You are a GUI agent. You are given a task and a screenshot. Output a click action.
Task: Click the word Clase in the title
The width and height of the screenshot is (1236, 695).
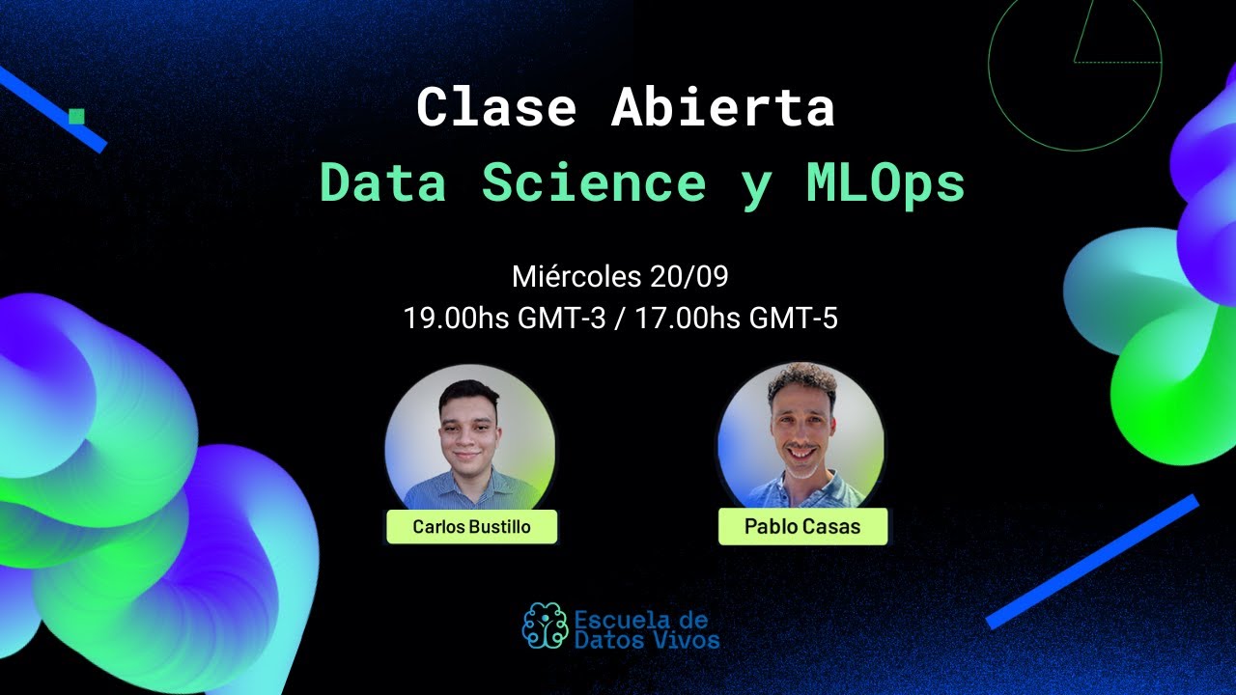pyautogui.click(x=496, y=108)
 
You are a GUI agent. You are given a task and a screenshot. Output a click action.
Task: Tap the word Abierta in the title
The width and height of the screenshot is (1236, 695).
pyautogui.click(x=723, y=108)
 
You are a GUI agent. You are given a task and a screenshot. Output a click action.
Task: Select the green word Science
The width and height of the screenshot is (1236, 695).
pyautogui.click(x=594, y=182)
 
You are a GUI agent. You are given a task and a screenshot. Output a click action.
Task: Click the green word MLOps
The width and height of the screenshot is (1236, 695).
pyautogui.click(x=885, y=182)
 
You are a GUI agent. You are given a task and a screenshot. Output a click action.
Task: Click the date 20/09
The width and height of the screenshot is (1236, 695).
pyautogui.click(x=688, y=278)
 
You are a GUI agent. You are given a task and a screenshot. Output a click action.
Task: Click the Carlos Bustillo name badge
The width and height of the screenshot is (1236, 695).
pyautogui.click(x=471, y=527)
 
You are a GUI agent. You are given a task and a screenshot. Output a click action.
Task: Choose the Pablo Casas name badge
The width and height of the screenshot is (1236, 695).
pyautogui.click(x=802, y=527)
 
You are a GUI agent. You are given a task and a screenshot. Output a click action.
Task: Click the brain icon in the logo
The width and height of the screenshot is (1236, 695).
pyautogui.click(x=545, y=625)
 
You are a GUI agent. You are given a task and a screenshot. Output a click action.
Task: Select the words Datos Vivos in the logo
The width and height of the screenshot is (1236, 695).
pyautogui.click(x=647, y=638)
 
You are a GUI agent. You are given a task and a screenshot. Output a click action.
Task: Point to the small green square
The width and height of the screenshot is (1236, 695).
pyautogui.click(x=77, y=117)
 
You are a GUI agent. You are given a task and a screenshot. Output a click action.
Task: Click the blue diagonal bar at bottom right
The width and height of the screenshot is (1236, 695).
pyautogui.click(x=1092, y=561)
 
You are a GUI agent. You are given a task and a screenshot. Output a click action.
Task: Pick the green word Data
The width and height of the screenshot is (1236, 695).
pyautogui.click(x=383, y=182)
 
